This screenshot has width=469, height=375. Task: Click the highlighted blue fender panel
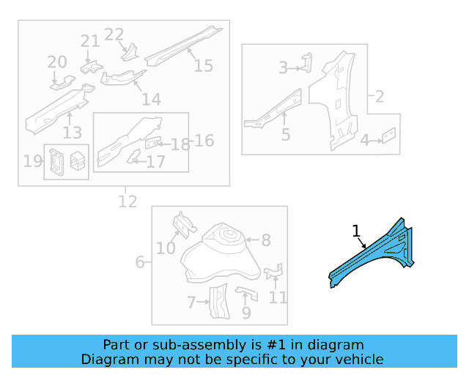[x=374, y=253]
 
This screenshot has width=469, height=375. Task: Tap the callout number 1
[x=356, y=231]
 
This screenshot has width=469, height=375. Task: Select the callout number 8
[x=266, y=240]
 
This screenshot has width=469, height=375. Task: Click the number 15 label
[x=204, y=66]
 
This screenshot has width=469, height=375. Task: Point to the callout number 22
[x=114, y=34]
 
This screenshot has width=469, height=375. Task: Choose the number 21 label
[x=89, y=41]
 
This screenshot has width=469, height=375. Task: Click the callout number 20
[x=57, y=62]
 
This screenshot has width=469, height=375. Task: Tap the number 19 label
[x=32, y=161]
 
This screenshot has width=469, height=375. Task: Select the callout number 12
[x=128, y=201]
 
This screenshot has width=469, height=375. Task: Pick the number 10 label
[x=166, y=248]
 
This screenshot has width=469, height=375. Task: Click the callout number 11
[x=278, y=297]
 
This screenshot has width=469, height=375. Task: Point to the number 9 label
[x=246, y=313]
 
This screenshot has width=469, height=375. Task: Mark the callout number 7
[x=192, y=302]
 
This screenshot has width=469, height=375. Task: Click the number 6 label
[x=140, y=262]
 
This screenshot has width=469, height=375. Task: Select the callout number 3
[x=284, y=68]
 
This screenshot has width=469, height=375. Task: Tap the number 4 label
[x=364, y=139]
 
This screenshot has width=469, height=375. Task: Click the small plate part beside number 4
[x=390, y=135]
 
